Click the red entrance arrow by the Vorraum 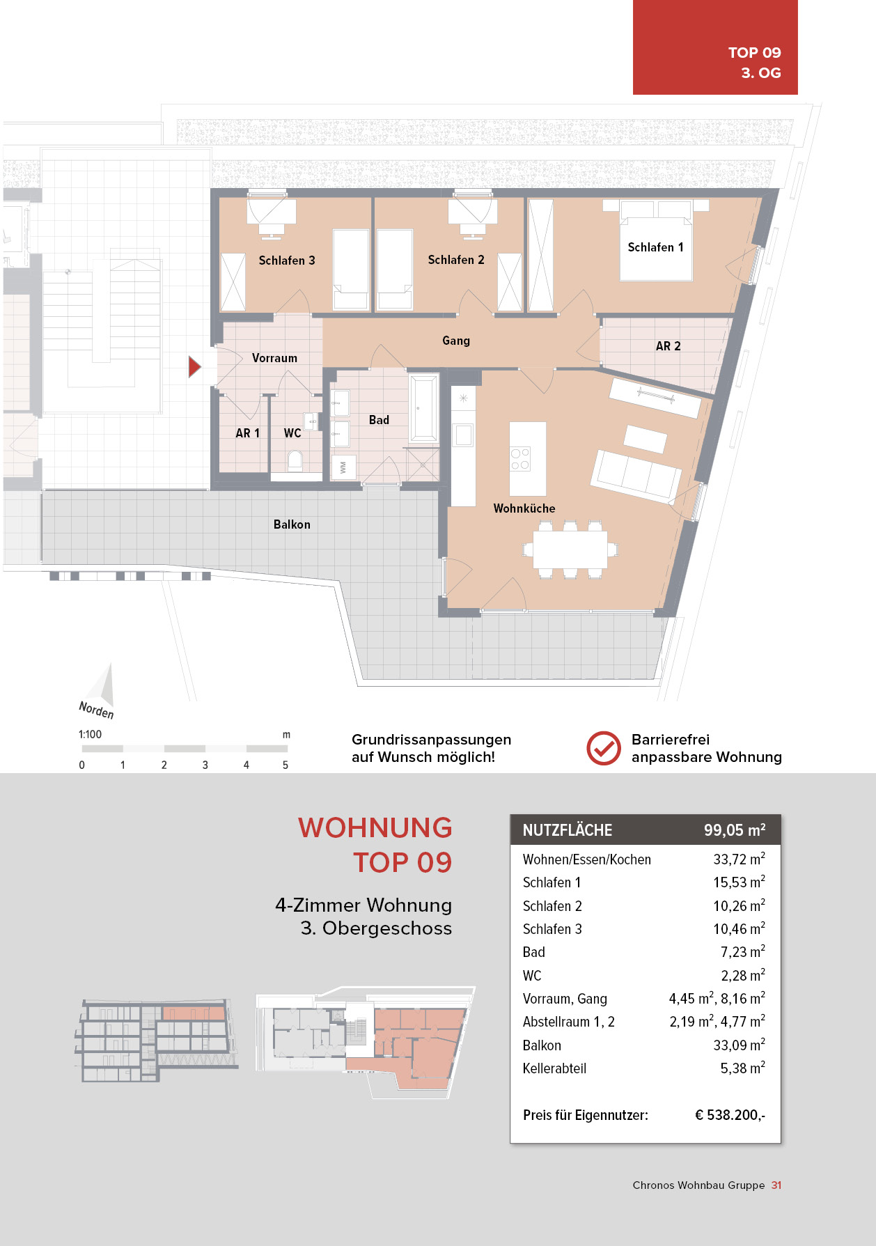click(x=194, y=366)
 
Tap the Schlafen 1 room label click(x=655, y=247)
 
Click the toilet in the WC click(x=295, y=460)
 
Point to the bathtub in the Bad click(x=423, y=408)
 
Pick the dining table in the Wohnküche click(x=570, y=550)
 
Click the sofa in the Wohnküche click(x=636, y=476)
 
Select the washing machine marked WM click(x=343, y=467)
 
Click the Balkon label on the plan click(x=292, y=524)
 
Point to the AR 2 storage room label click(x=668, y=346)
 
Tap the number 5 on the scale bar click(x=286, y=765)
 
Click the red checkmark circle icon click(x=604, y=749)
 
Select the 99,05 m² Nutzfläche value click(x=735, y=830)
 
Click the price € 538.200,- click(x=730, y=1115)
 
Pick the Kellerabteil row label click(x=554, y=1068)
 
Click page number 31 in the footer click(x=776, y=1185)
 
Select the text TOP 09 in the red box click(x=754, y=52)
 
